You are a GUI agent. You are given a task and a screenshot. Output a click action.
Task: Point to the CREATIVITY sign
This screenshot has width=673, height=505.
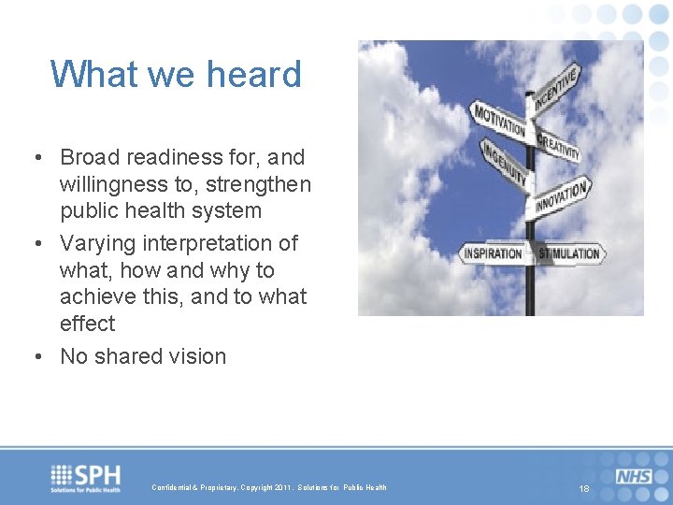559,145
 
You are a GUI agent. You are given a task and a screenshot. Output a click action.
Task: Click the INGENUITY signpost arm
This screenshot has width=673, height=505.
505,165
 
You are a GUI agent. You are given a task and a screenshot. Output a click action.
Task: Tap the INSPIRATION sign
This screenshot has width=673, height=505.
494,253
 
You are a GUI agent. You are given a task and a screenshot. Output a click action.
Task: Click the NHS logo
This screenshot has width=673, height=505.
634,476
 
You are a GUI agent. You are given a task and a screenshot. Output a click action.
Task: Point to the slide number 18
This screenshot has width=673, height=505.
584,489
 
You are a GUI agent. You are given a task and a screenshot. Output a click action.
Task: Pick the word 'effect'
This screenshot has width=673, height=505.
88,324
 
